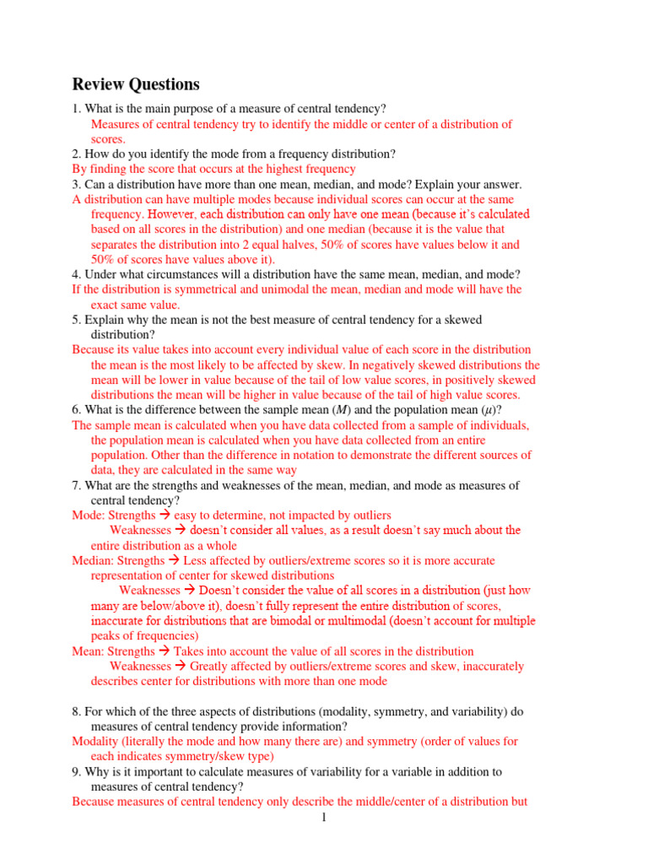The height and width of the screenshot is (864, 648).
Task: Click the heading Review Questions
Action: (x=136, y=84)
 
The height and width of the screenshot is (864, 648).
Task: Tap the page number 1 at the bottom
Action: (x=322, y=817)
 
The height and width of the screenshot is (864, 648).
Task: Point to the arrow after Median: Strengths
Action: (x=175, y=560)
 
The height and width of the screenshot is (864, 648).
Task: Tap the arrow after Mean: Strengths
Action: (x=165, y=651)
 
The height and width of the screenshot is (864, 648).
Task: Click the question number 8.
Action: (x=75, y=711)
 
